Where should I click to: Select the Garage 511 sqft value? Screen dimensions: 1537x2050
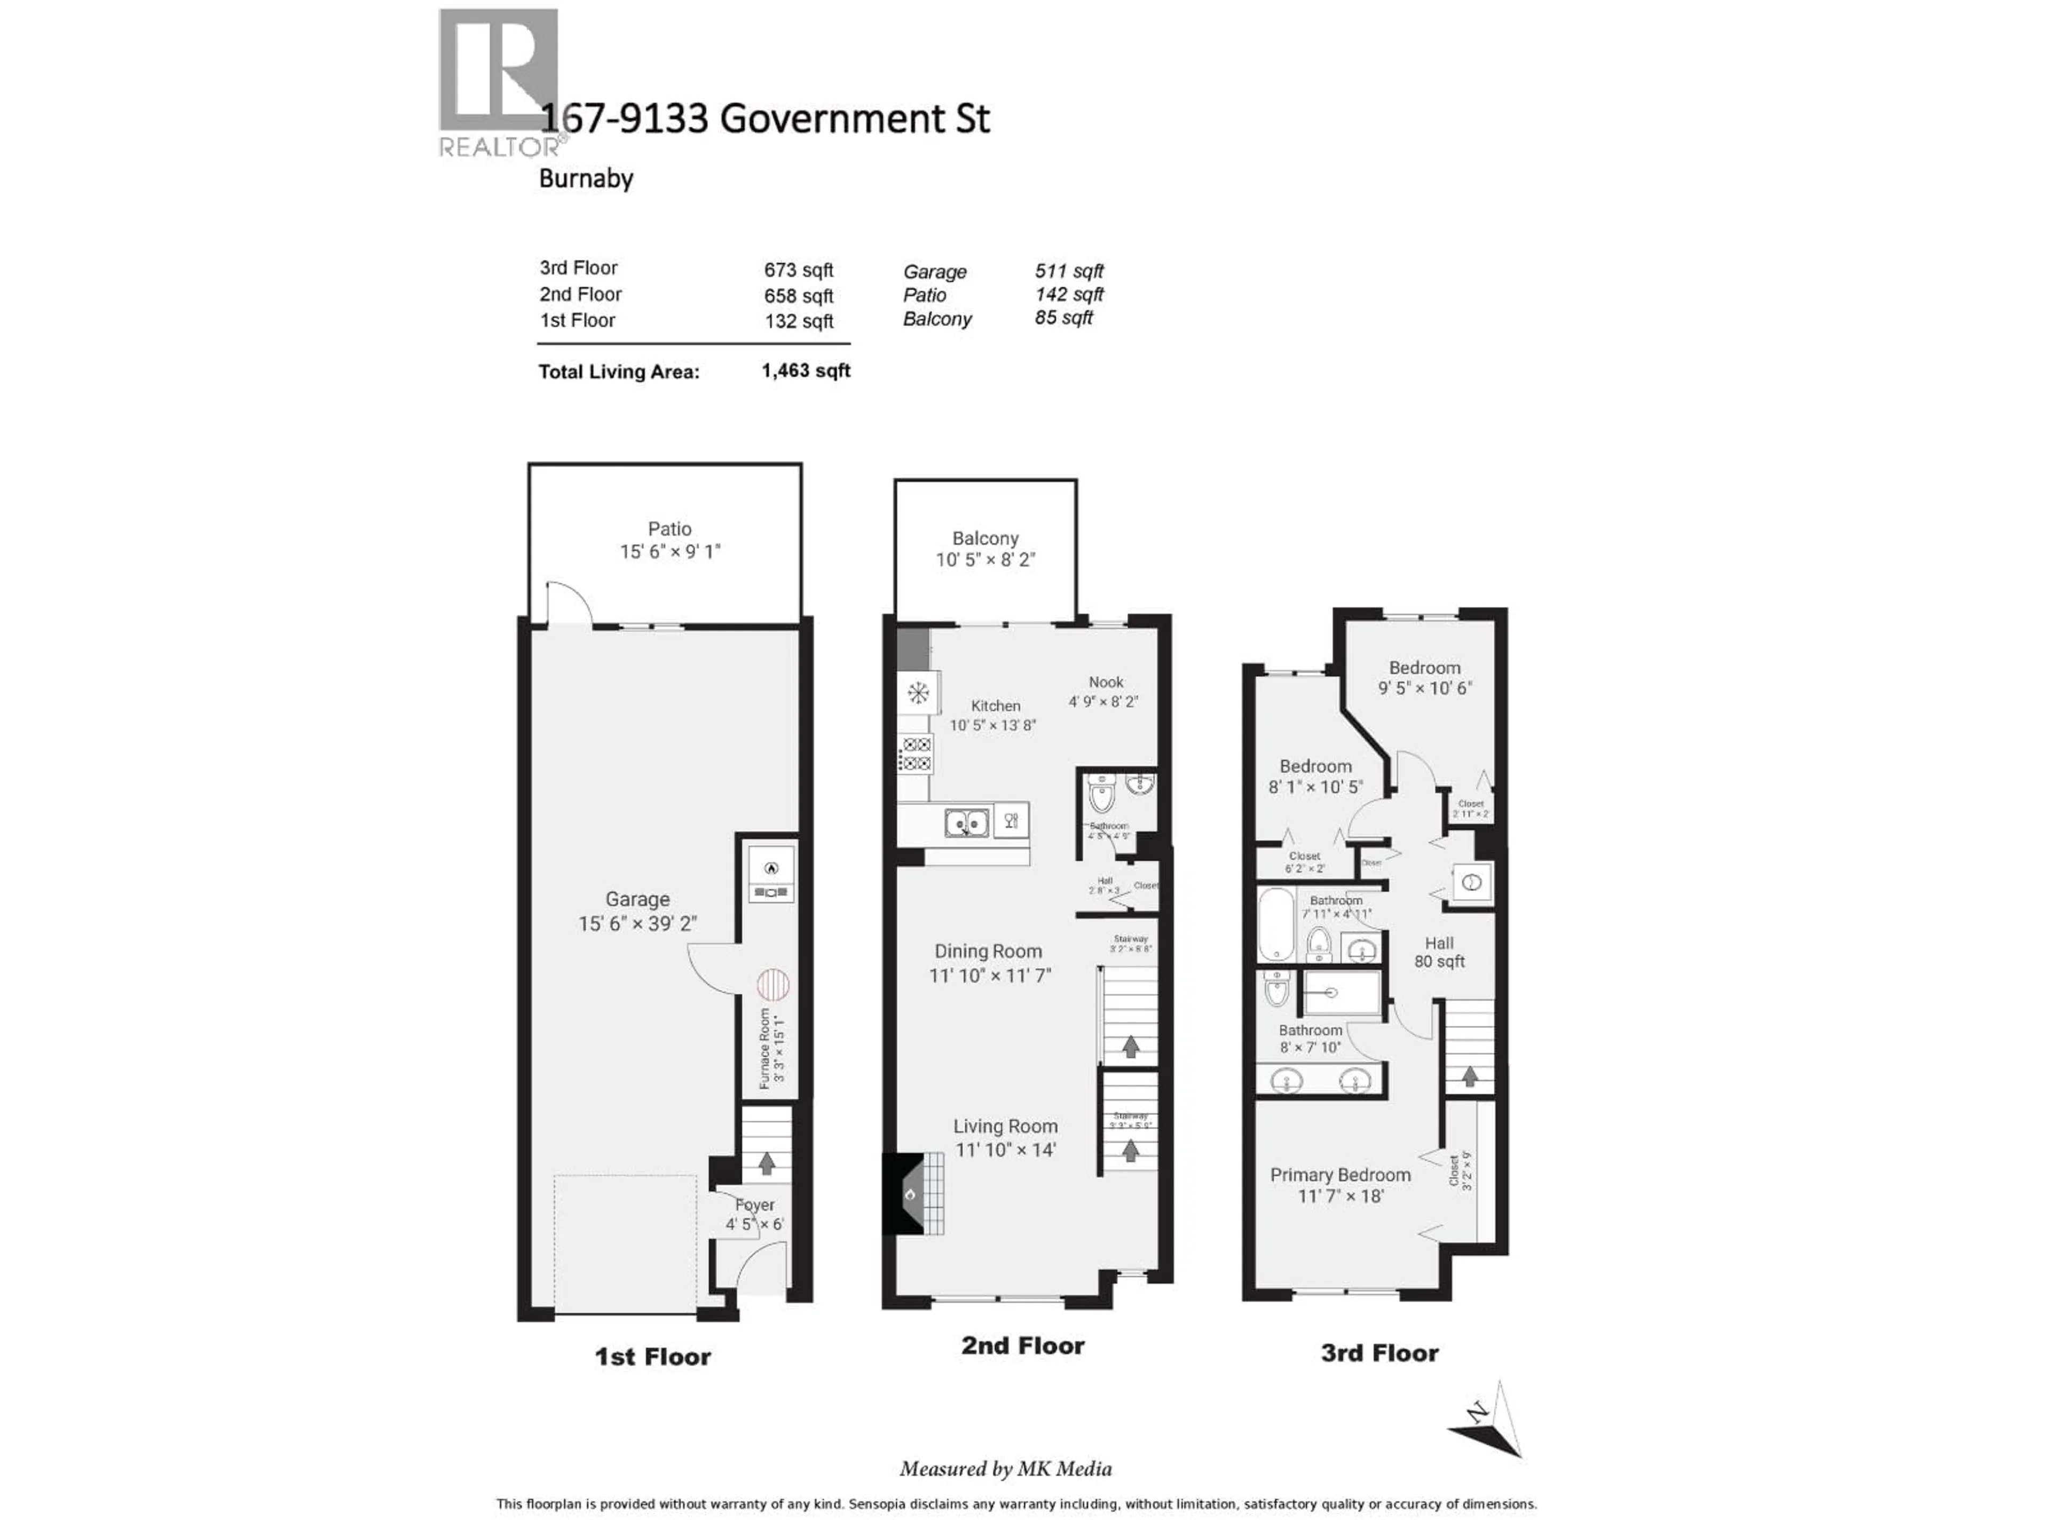click(1069, 272)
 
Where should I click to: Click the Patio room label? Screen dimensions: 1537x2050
click(669, 529)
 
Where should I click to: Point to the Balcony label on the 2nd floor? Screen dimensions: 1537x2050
click(985, 538)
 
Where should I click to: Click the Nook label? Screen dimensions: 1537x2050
click(1106, 682)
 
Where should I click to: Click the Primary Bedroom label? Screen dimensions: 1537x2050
click(1340, 1175)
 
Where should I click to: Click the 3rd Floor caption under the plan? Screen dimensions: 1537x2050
click(1379, 1353)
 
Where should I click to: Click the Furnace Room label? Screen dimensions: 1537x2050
click(766, 1048)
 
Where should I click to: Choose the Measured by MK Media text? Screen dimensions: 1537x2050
click(1006, 1469)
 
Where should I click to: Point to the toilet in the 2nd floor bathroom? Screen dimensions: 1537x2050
click(1101, 794)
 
